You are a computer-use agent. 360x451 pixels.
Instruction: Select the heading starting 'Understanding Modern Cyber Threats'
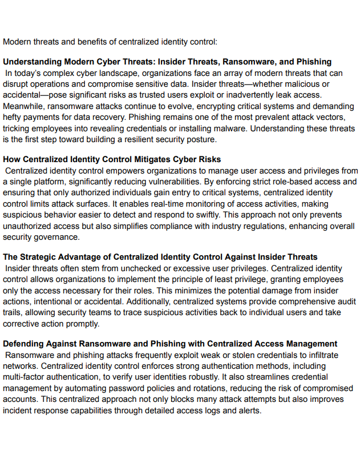pyautogui.click(x=167, y=62)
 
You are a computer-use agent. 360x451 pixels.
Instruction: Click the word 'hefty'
pyautogui.click(x=14, y=117)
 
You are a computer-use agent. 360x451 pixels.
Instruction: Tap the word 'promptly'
pyautogui.click(x=83, y=323)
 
